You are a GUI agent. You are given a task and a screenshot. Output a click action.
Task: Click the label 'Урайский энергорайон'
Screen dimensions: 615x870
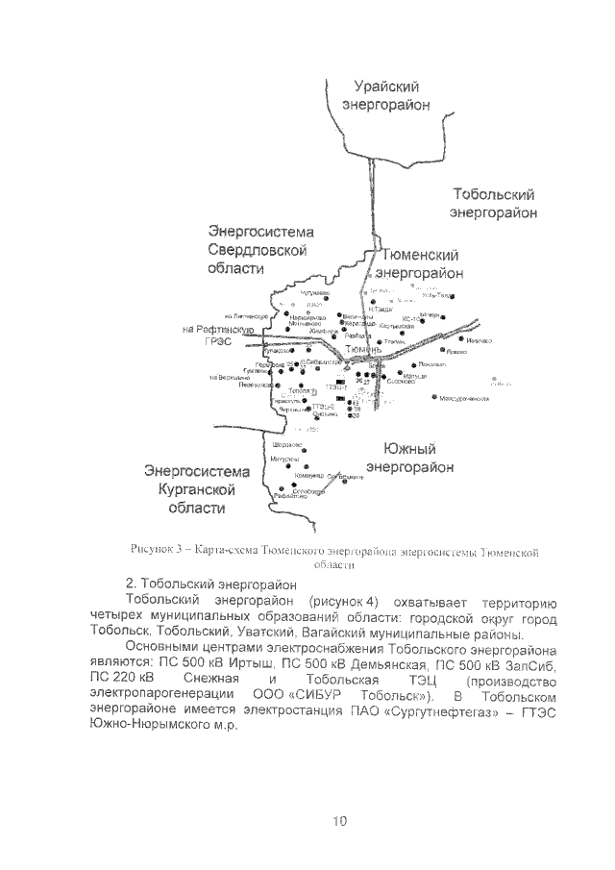click(386, 94)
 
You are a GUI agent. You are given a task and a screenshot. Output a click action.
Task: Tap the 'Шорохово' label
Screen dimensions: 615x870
click(288, 445)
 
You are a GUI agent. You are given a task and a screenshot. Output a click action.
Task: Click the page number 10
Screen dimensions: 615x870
click(339, 820)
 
